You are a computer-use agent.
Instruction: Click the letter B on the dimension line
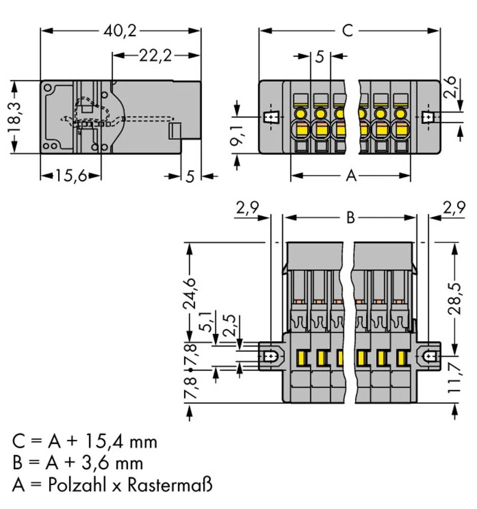pyautogui.click(x=350, y=218)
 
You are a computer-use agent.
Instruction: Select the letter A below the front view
pyautogui.click(x=351, y=177)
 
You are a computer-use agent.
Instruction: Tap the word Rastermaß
pyautogui.click(x=171, y=485)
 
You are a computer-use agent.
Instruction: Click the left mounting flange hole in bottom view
pyautogui.click(x=270, y=356)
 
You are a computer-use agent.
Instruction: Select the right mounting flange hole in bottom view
pyautogui.click(x=430, y=356)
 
